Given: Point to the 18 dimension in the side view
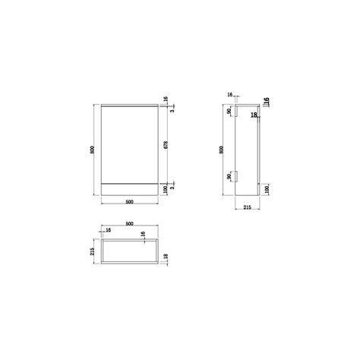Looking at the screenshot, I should point(254,115).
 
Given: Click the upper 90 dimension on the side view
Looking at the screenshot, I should point(229,112).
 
